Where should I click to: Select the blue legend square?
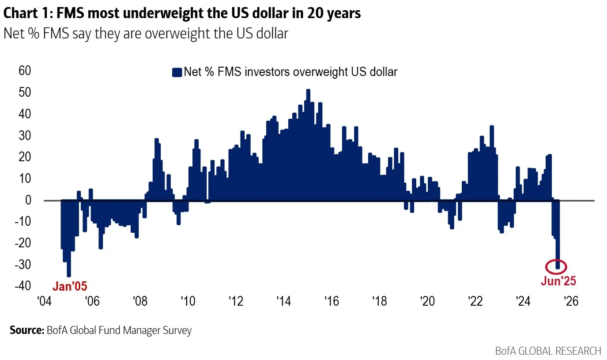point(177,72)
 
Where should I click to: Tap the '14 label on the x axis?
point(283,302)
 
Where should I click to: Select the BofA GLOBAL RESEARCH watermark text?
point(548,351)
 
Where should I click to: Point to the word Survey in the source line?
point(178,330)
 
